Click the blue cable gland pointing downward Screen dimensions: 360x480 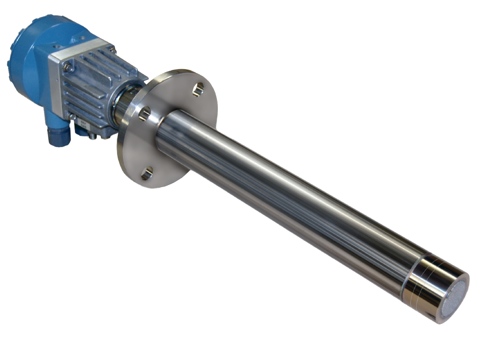[58, 134]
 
